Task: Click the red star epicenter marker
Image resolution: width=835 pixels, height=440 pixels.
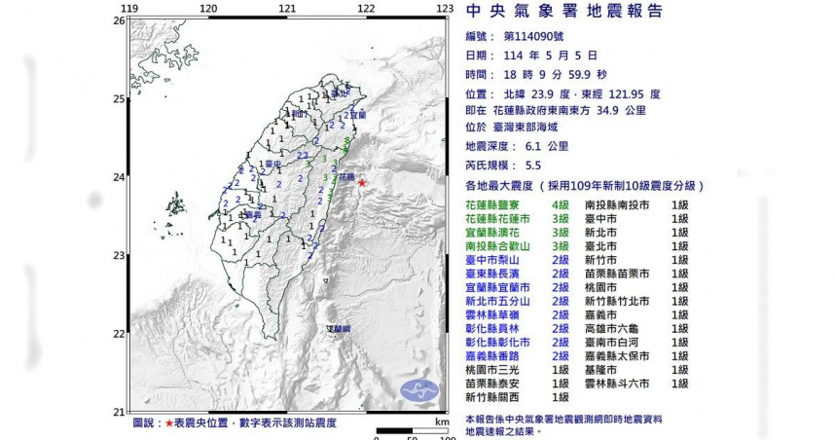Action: tap(362, 182)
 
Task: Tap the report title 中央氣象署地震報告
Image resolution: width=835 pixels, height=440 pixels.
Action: tap(564, 12)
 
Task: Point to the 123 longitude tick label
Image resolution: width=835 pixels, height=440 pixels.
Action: tap(445, 9)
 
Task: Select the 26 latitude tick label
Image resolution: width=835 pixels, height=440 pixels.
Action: tap(119, 20)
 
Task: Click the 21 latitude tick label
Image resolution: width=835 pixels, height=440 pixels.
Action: tap(119, 411)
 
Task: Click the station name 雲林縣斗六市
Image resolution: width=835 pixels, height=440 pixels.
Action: tap(620, 384)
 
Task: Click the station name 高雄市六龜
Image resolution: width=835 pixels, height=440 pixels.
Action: tap(613, 329)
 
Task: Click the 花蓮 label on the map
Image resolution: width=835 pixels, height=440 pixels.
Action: tap(345, 177)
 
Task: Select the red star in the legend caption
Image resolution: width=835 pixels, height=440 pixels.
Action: tap(168, 422)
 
